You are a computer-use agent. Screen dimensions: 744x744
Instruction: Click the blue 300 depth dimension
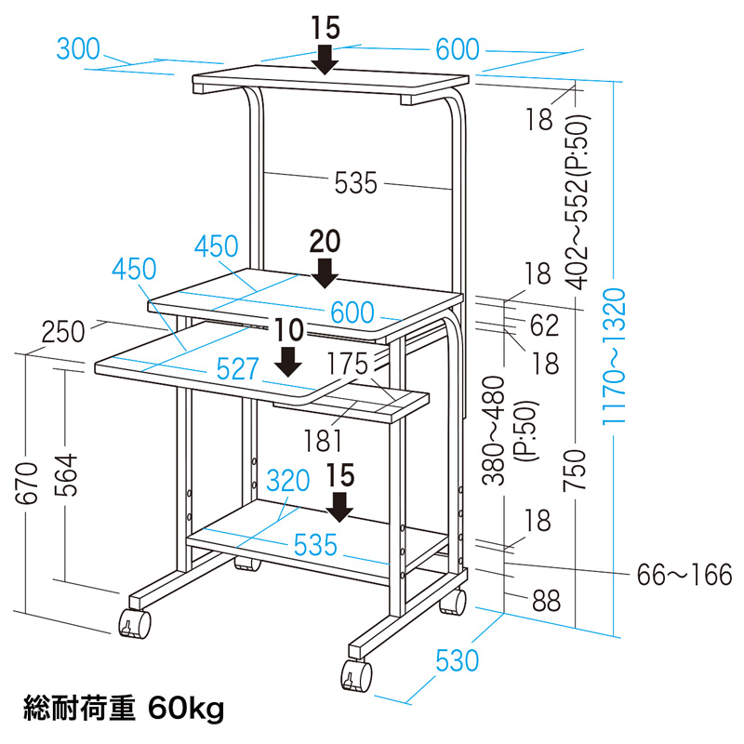(78, 49)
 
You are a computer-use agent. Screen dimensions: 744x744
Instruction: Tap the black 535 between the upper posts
(356, 182)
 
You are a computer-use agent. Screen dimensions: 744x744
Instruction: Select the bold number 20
(325, 241)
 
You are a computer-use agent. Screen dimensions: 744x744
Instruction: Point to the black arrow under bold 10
(288, 362)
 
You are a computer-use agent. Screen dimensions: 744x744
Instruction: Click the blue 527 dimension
(238, 368)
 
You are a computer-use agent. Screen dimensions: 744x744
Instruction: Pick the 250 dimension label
(63, 332)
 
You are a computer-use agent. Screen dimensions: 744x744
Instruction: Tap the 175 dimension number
(348, 364)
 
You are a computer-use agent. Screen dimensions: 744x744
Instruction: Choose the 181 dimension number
(323, 441)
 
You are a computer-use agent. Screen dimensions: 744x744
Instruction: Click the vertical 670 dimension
(27, 483)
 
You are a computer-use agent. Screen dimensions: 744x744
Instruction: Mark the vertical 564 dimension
(65, 475)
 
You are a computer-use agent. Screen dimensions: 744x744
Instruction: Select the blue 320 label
(288, 481)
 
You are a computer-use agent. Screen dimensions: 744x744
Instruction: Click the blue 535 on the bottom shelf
(315, 545)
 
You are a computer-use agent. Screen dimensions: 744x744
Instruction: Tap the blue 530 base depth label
(457, 660)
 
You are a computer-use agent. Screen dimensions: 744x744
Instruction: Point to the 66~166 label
(684, 575)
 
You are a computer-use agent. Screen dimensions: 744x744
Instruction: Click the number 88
(547, 601)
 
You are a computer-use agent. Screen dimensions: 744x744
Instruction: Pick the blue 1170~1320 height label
(615, 356)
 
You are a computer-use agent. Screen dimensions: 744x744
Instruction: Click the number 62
(545, 325)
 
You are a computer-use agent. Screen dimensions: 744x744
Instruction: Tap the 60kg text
(185, 710)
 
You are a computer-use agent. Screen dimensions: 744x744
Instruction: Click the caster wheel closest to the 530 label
(356, 676)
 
